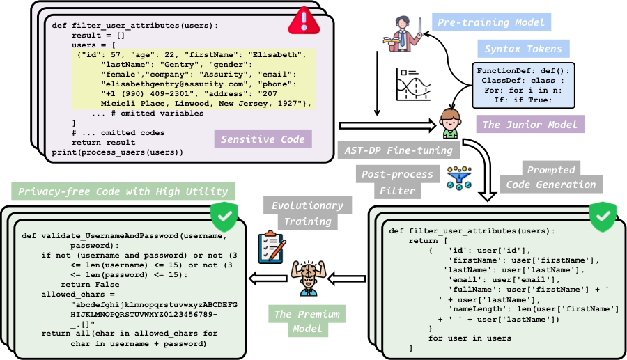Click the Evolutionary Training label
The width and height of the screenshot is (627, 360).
click(x=307, y=213)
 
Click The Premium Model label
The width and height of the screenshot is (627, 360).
click(x=306, y=321)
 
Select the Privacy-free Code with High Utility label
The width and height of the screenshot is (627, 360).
click(x=123, y=191)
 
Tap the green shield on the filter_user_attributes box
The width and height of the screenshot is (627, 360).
click(x=604, y=217)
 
